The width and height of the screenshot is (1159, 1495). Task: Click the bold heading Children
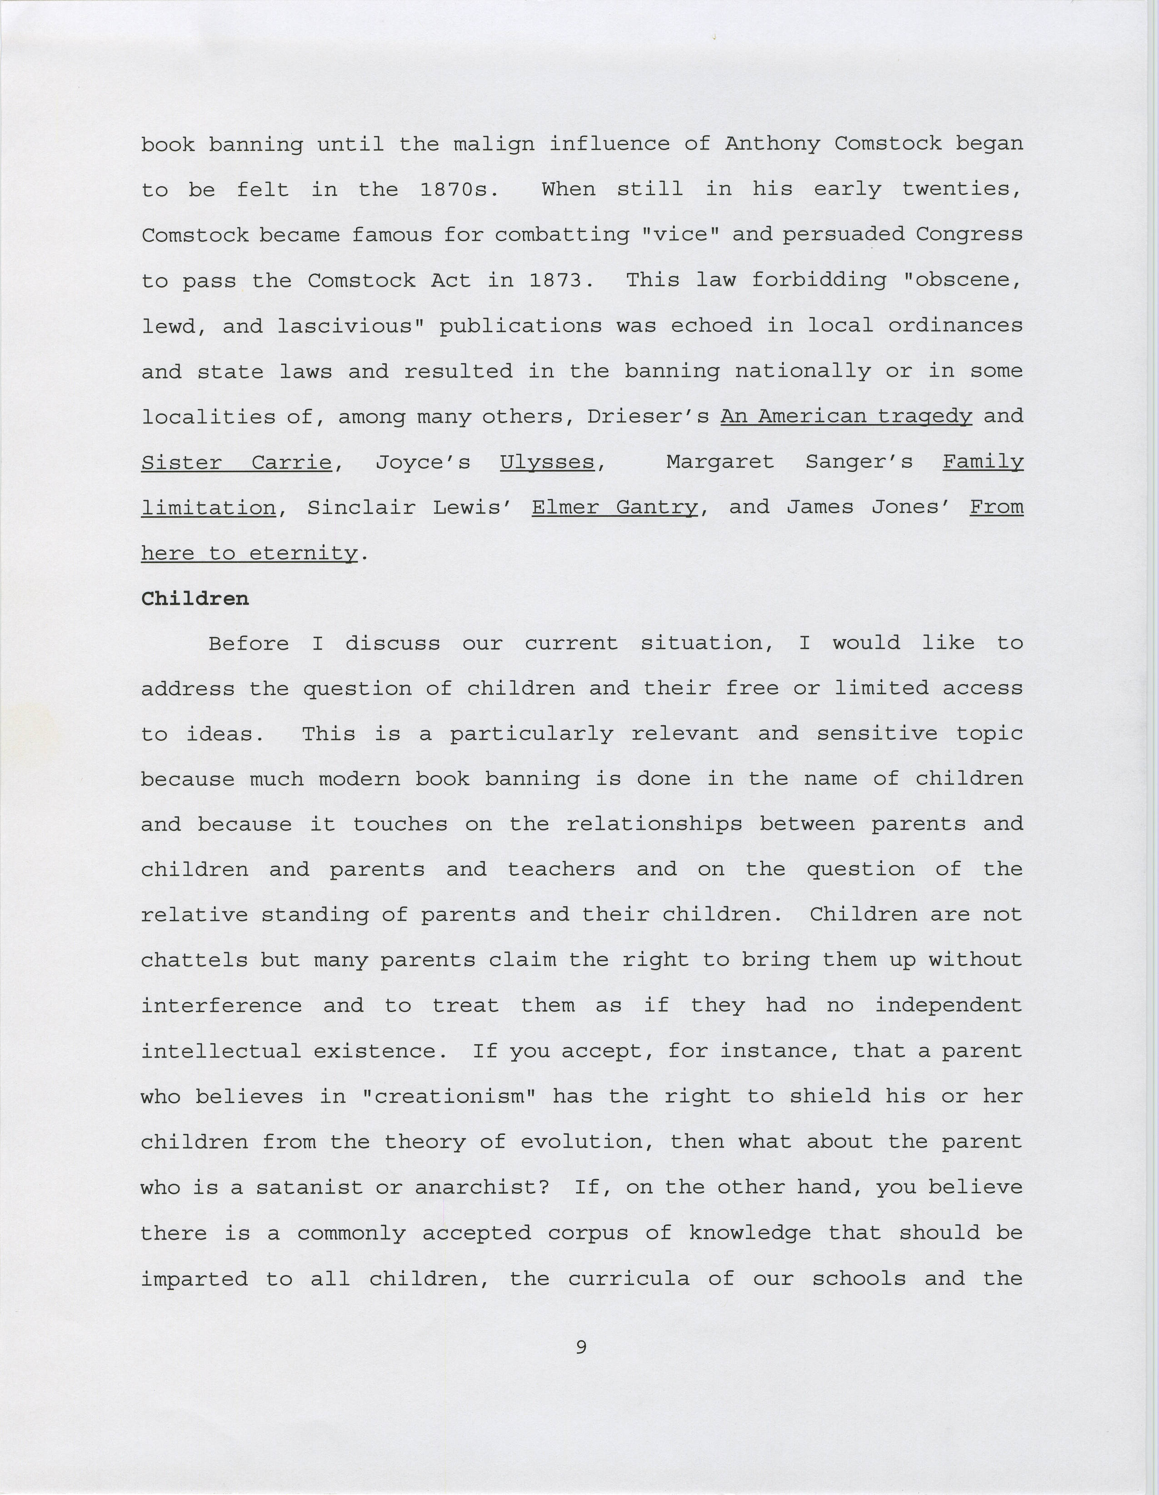pyautogui.click(x=195, y=599)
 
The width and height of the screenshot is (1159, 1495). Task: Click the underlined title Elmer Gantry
pyautogui.click(x=614, y=508)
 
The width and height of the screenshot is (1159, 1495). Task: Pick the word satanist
pyautogui.click(x=309, y=1188)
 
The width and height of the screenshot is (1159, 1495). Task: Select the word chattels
pyautogui.click(x=195, y=960)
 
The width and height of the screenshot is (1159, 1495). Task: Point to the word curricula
pyautogui.click(x=628, y=1279)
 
